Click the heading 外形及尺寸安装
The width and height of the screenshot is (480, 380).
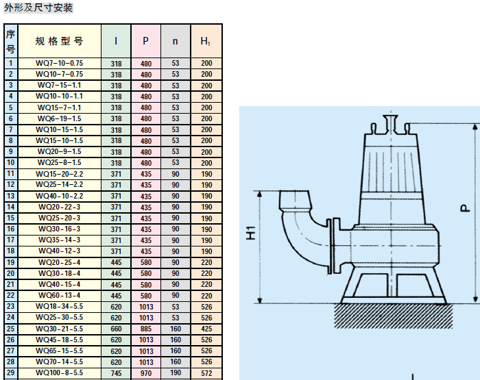[38, 8]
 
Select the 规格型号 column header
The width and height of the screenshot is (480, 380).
[60, 41]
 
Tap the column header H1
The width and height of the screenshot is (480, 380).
[206, 41]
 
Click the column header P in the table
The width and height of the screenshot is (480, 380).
[145, 41]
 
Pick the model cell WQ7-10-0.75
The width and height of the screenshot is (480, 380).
[60, 63]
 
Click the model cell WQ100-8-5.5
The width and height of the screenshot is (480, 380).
[60, 372]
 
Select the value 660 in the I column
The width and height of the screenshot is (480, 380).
[116, 328]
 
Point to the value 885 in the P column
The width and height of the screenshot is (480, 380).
[145, 328]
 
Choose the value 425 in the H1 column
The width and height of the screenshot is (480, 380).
[206, 328]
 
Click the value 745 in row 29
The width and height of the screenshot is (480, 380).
[116, 372]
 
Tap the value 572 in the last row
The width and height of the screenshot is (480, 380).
[206, 372]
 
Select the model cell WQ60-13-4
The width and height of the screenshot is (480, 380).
[60, 295]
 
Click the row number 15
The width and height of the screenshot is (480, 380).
[11, 218]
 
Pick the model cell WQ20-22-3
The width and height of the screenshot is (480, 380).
[60, 207]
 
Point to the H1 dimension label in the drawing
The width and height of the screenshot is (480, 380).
[250, 233]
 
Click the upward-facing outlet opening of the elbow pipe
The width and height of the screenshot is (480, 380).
[295, 196]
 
